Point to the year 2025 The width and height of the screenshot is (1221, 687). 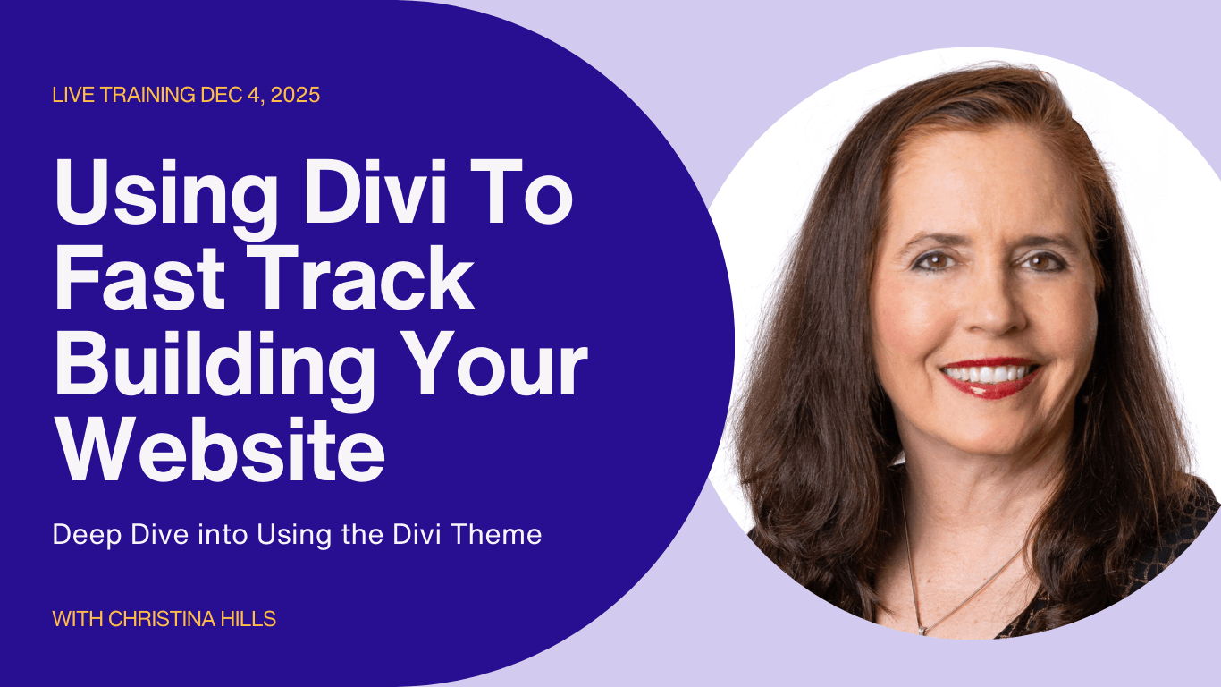293,95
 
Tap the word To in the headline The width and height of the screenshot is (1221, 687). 528,191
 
